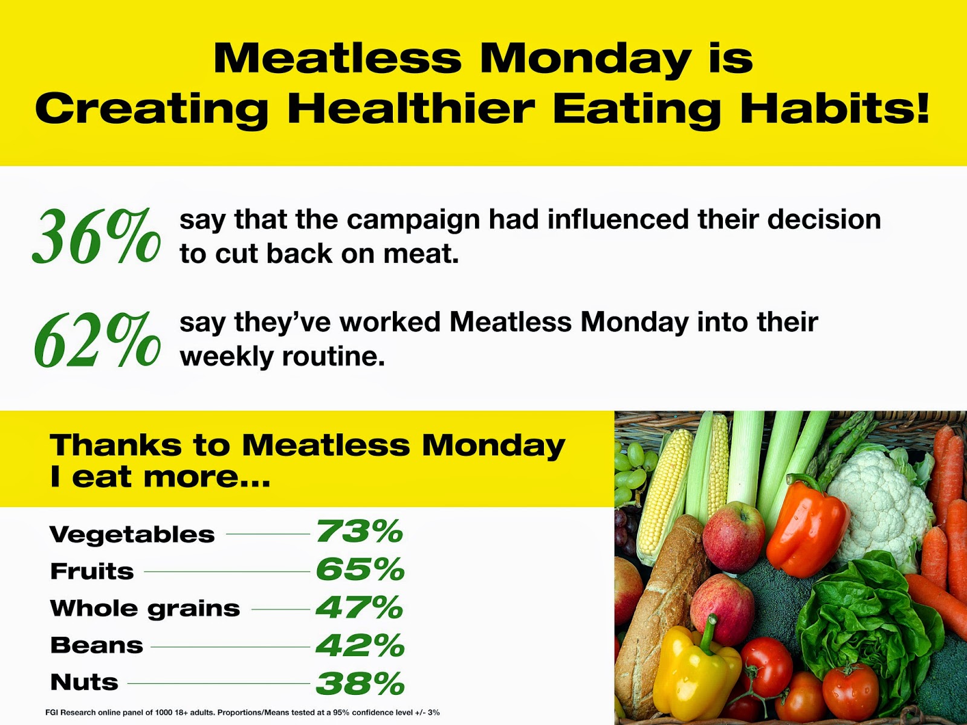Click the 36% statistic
click(x=97, y=237)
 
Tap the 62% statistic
click(x=97, y=340)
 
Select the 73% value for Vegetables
click(x=360, y=532)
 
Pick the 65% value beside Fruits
click(x=360, y=569)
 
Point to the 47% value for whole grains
click(x=360, y=607)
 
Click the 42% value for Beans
click(x=360, y=645)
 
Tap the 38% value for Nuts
click(x=360, y=683)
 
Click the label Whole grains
click(x=145, y=608)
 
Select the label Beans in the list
click(x=97, y=645)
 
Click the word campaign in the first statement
click(x=413, y=220)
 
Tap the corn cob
click(x=662, y=489)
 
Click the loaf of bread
click(x=659, y=604)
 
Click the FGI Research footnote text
click(x=242, y=712)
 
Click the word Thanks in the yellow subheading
click(x=115, y=446)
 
